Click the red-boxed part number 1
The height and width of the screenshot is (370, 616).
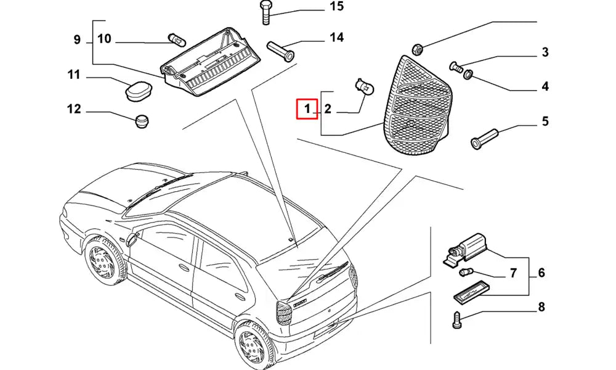(x=306, y=110)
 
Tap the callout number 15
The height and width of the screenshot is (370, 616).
(x=336, y=8)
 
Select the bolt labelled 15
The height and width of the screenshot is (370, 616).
(x=265, y=12)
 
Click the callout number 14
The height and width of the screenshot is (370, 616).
(x=336, y=38)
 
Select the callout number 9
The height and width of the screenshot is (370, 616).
(x=77, y=40)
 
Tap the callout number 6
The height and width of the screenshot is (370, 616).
(x=541, y=273)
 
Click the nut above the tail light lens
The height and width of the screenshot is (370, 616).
(x=416, y=47)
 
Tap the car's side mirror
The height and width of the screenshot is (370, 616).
(x=130, y=239)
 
